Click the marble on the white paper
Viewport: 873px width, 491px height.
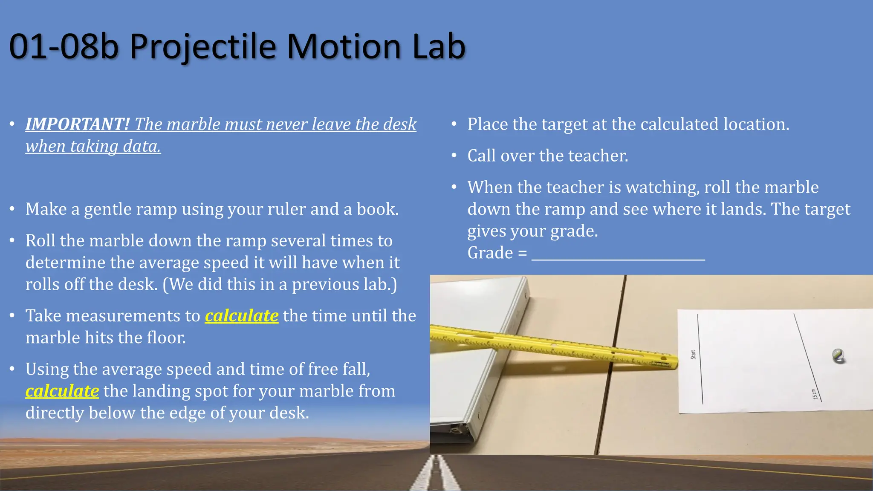click(x=838, y=356)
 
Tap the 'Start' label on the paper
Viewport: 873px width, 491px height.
click(x=693, y=354)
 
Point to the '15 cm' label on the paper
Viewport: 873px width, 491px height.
click(x=815, y=394)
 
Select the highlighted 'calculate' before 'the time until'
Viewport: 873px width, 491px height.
click(x=241, y=316)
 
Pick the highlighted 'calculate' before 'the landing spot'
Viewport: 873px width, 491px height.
click(x=62, y=391)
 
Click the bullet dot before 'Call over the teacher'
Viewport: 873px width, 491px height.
click(x=454, y=156)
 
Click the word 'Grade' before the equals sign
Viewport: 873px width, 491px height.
click(x=490, y=253)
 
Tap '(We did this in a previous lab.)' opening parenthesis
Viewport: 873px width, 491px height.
click(x=165, y=285)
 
